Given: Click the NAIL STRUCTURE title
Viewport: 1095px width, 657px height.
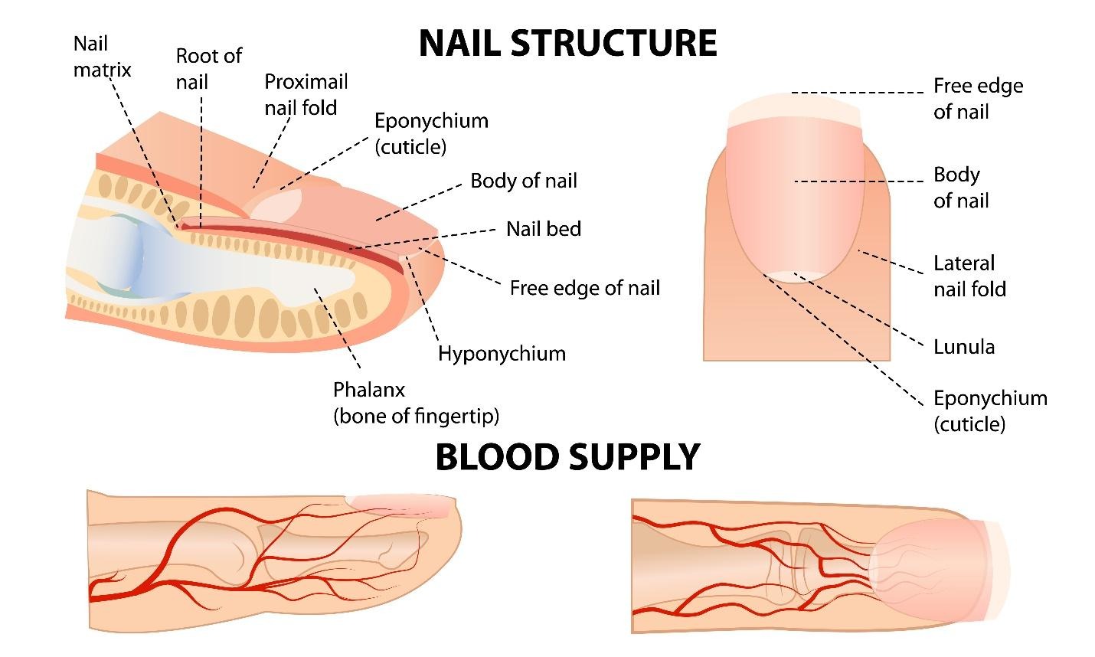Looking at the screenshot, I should (x=567, y=43).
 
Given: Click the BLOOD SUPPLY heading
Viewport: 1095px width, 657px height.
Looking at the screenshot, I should (x=567, y=457).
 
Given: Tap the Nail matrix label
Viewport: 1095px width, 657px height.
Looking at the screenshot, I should (x=102, y=57).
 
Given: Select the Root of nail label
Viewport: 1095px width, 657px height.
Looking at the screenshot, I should (x=208, y=68).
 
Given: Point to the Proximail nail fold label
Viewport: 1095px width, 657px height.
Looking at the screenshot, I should (x=306, y=94).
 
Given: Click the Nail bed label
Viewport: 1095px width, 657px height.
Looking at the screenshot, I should (x=543, y=228).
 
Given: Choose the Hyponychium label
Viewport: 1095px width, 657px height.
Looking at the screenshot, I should (x=502, y=354).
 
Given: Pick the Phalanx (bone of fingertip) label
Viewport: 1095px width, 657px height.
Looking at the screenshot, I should (x=415, y=403).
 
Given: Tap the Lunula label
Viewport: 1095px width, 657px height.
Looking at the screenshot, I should (x=963, y=347).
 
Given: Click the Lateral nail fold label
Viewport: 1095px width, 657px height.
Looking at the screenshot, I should (x=969, y=276).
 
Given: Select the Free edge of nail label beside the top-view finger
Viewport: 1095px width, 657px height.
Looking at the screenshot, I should (x=977, y=99).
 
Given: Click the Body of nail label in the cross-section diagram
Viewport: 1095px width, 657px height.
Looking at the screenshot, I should (x=523, y=181).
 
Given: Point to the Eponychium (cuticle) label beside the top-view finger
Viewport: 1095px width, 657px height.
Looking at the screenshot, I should (x=989, y=410).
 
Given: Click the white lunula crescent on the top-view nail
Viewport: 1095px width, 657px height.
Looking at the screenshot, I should (x=795, y=276).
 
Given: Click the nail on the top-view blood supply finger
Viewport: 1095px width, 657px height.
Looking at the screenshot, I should (x=930, y=567).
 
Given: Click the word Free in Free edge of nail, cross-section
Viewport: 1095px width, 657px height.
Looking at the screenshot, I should (x=529, y=288).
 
